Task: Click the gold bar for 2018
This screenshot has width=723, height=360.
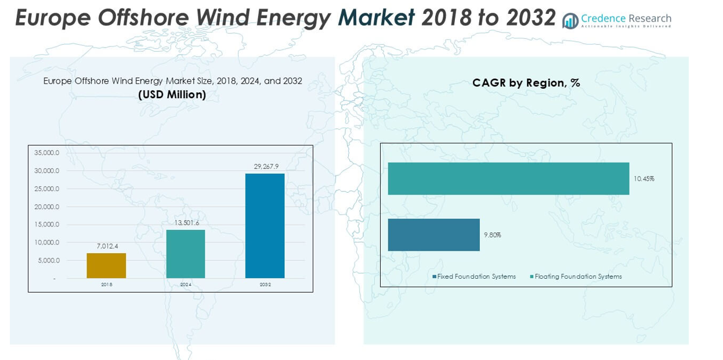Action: pyautogui.click(x=106, y=265)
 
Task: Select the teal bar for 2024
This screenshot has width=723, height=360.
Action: pyautogui.click(x=186, y=254)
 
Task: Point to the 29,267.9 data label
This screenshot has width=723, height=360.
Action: pyautogui.click(x=265, y=167)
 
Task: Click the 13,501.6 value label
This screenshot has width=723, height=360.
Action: pyautogui.click(x=186, y=223)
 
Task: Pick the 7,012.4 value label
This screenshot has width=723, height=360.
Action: pyautogui.click(x=107, y=246)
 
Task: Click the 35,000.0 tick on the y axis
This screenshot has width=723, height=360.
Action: pyautogui.click(x=47, y=153)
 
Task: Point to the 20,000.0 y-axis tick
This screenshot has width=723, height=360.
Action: pyautogui.click(x=47, y=207)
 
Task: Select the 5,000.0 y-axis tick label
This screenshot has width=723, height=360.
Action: pyautogui.click(x=49, y=261)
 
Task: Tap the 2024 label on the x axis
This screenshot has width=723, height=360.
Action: pyautogui.click(x=186, y=285)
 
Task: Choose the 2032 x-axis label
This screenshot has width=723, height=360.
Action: pyautogui.click(x=265, y=285)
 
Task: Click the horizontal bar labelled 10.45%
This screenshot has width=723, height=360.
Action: pyautogui.click(x=508, y=178)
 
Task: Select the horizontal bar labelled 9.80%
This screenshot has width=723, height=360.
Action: pyautogui.click(x=433, y=235)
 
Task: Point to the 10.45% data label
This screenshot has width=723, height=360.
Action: pyautogui.click(x=644, y=179)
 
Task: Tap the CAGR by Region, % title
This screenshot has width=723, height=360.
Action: pyautogui.click(x=526, y=83)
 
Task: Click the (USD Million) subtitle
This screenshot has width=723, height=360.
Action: pyautogui.click(x=172, y=95)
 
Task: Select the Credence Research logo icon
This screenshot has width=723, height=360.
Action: pyautogui.click(x=570, y=21)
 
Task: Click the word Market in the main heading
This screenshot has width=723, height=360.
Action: pyautogui.click(x=376, y=19)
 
